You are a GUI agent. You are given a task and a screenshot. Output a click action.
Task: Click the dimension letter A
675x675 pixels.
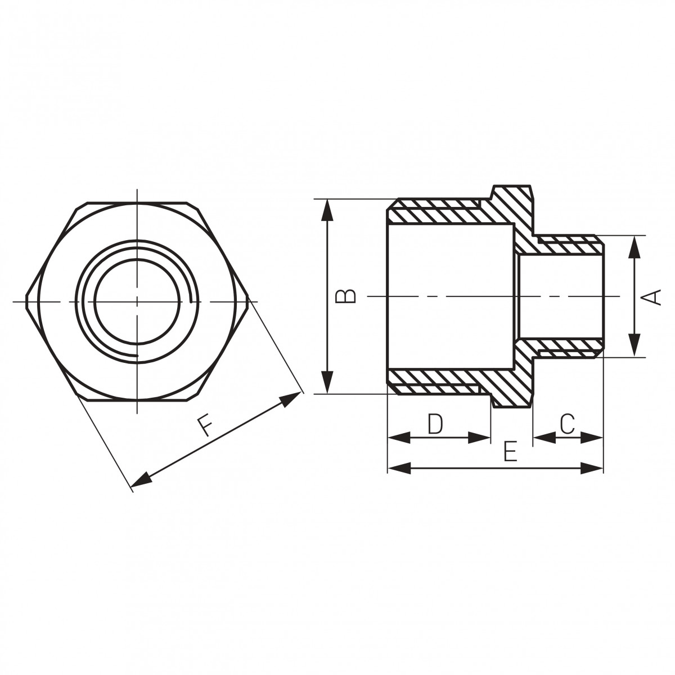[652, 296]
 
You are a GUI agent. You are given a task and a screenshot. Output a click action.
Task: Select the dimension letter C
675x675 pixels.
[568, 424]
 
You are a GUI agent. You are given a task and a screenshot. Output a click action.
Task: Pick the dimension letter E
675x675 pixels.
[510, 452]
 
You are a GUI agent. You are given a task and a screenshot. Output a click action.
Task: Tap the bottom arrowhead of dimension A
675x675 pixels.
[634, 345]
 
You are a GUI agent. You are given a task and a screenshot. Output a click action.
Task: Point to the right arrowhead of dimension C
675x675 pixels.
[593, 437]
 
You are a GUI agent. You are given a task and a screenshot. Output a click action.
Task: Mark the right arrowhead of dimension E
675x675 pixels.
[593, 467]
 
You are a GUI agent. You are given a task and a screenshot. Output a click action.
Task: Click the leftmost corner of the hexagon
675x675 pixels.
[26, 296]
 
